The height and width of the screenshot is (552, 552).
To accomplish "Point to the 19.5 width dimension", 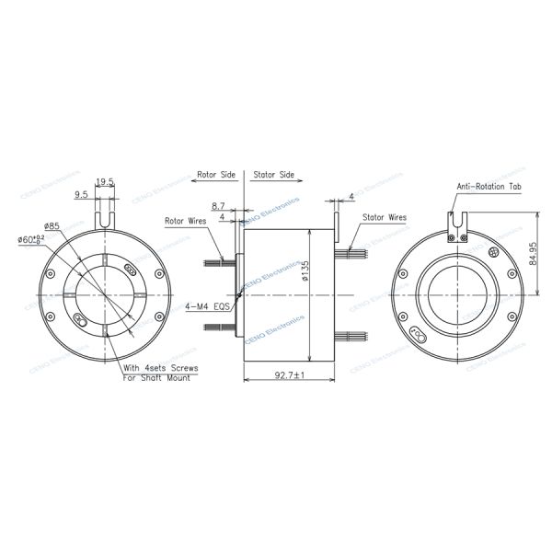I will point(105,182).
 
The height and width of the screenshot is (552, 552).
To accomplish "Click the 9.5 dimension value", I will point(81,194).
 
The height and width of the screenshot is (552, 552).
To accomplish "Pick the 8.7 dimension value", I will point(218,206).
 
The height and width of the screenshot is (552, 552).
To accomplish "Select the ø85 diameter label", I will point(52,225).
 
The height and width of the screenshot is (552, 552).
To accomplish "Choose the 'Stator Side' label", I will point(273,173).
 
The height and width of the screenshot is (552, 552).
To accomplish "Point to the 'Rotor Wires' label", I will point(186,221).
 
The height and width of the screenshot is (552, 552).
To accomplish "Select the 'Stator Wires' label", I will point(384,218).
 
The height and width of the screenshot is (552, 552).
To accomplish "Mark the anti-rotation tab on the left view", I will point(106,217).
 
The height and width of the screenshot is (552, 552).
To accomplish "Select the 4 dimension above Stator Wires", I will point(352,196).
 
